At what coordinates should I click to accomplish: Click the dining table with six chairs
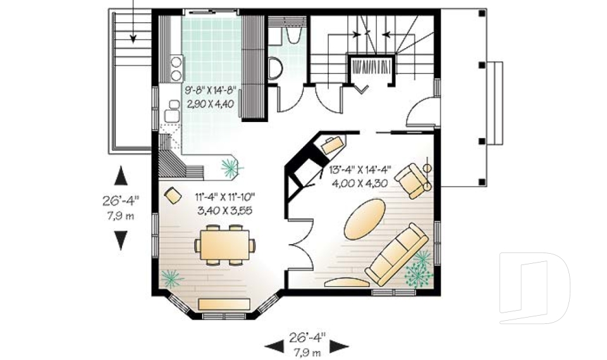click(224, 245)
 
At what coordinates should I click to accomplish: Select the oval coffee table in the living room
click(365, 218)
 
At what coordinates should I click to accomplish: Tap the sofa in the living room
click(397, 254)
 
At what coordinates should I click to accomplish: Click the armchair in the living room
click(412, 181)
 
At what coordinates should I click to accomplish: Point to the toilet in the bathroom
click(275, 68)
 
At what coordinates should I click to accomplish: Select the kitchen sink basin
click(172, 116)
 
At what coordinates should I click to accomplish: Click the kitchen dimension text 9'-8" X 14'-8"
click(211, 92)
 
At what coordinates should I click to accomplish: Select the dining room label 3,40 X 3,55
click(224, 211)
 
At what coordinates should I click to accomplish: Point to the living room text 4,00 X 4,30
click(360, 183)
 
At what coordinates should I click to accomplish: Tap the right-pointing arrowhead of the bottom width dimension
click(339, 347)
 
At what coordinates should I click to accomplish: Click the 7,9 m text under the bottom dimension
click(307, 352)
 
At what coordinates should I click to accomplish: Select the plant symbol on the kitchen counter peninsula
click(231, 168)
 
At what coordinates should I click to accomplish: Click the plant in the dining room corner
click(172, 278)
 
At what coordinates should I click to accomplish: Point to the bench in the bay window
click(224, 304)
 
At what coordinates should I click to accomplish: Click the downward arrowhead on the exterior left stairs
click(133, 39)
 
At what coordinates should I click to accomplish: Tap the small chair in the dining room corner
click(173, 196)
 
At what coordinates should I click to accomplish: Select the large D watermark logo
click(534, 287)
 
